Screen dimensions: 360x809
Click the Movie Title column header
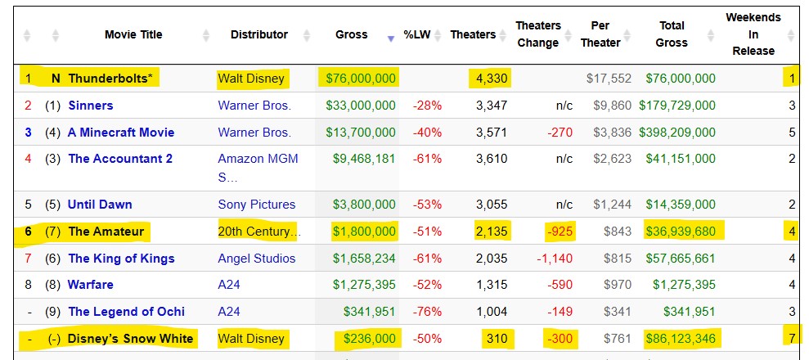point(133,34)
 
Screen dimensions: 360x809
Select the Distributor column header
point(258,34)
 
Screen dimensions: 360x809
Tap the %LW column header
point(417,35)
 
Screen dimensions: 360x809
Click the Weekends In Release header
point(753,34)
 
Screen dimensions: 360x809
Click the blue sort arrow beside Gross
point(391,38)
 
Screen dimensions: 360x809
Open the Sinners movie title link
point(91,106)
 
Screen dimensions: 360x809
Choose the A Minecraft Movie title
point(121,133)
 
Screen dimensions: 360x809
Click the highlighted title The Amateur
point(106,232)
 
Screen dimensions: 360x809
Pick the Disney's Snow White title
point(131,339)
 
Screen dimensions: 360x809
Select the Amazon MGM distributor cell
point(258,159)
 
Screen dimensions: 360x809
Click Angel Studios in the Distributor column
point(256,259)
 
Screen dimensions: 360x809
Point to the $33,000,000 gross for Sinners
point(361,106)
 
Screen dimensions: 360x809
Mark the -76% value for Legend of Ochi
point(426,312)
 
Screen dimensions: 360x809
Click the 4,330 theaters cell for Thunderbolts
point(490,79)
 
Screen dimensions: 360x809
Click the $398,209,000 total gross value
point(680,133)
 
